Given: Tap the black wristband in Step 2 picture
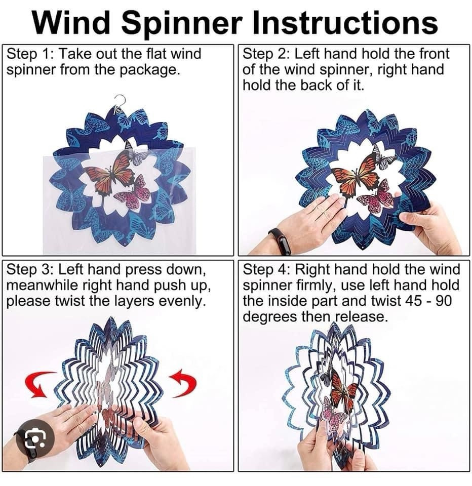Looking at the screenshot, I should [x=280, y=241].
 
